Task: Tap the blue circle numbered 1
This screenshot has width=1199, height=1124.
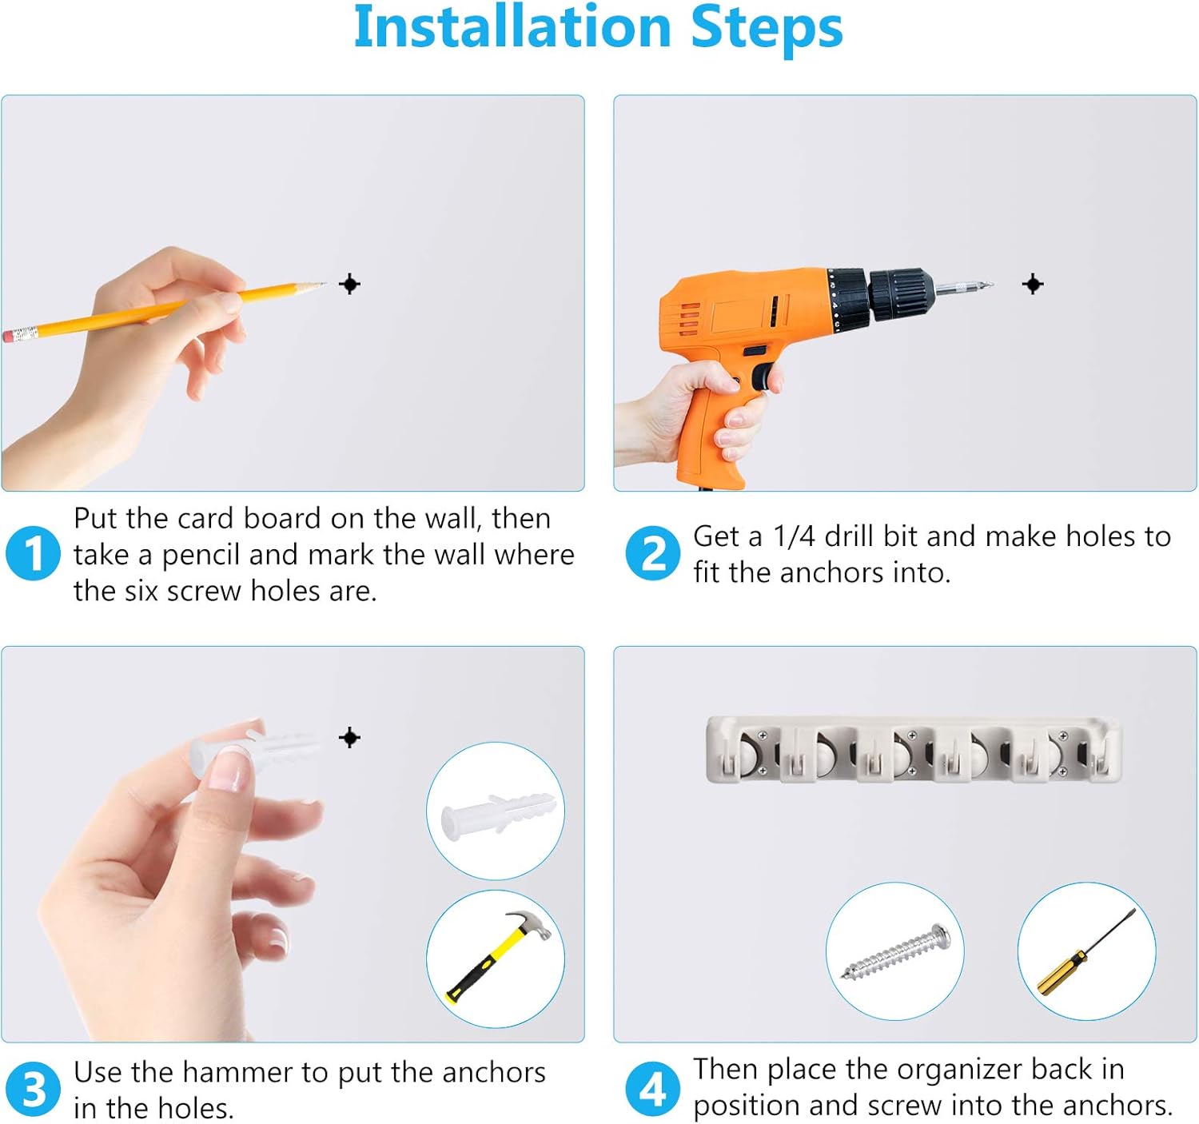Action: pos(34,553)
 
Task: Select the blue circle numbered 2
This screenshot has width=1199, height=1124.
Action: pos(652,553)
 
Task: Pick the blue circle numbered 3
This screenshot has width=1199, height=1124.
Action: pos(34,1090)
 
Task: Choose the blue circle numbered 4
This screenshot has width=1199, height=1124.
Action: pos(652,1090)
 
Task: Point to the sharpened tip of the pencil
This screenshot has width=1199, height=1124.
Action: pos(325,283)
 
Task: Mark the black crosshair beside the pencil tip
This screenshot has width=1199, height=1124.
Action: pos(349,284)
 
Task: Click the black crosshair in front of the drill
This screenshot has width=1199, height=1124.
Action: pos(1033,284)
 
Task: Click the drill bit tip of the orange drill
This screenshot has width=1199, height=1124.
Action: pos(990,283)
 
